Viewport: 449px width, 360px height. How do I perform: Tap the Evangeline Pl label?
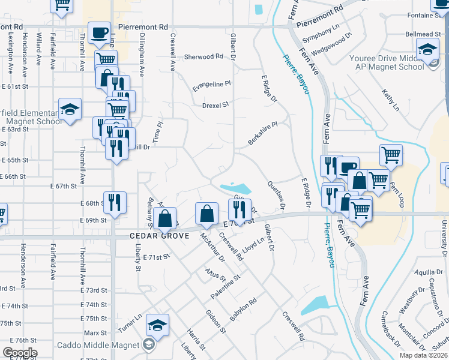point(211,86)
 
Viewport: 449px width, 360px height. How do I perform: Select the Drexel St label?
point(215,104)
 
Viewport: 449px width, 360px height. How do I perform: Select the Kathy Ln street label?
point(391,100)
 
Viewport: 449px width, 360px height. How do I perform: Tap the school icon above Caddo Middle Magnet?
point(157,326)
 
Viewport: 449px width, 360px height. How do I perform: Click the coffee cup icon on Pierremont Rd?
point(99,32)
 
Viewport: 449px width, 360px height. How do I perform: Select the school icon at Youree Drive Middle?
point(427,49)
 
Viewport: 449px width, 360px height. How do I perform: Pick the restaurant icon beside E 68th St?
point(114,202)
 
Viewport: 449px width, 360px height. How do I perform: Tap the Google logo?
point(20,352)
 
